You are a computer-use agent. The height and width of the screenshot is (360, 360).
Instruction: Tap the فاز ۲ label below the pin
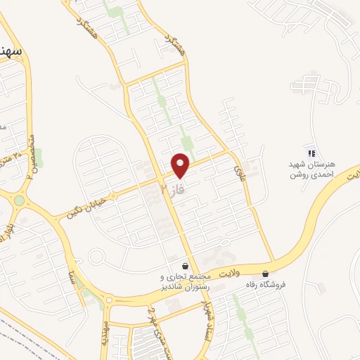(x=174, y=191)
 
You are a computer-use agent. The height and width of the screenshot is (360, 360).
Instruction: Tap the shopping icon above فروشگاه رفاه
(x=265, y=274)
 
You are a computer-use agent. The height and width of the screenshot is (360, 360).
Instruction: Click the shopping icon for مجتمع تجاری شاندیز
(x=185, y=266)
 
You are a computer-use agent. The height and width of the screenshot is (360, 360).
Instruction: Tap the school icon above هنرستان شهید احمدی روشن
(x=309, y=153)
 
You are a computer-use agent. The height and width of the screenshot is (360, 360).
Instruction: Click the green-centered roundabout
(x=18, y=200)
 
